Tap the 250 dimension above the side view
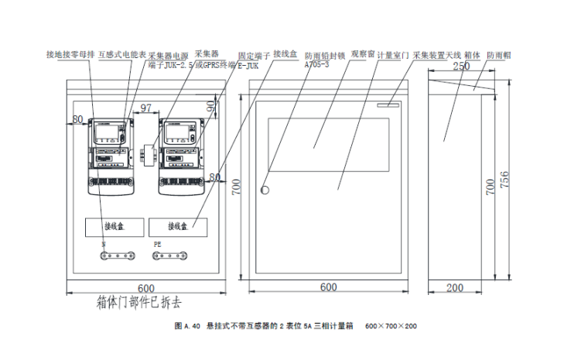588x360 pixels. coord(460,67)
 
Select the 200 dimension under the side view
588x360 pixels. coord(455,287)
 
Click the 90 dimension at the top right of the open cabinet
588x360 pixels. coord(211,105)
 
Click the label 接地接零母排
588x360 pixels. coord(69,55)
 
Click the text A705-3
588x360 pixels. coord(316,65)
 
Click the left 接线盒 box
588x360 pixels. coord(113,226)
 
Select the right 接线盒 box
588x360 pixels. coord(177,226)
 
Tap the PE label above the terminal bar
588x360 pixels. coord(158,245)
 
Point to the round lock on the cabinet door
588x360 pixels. coord(265,190)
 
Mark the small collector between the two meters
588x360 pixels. coord(147,153)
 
